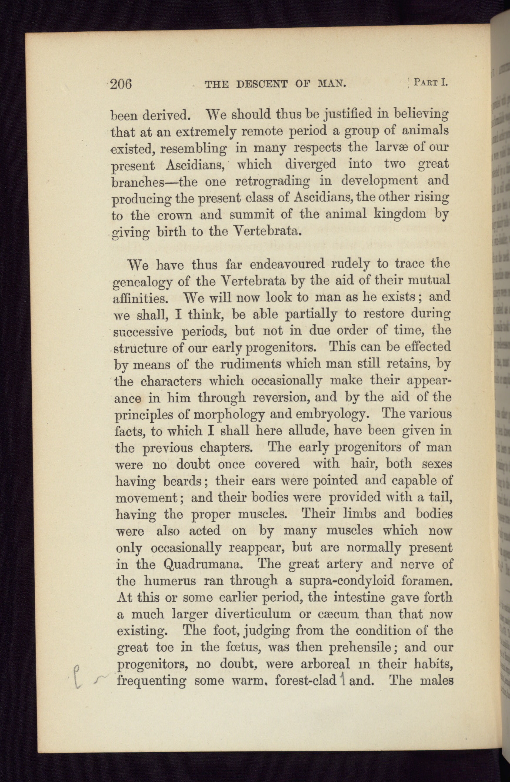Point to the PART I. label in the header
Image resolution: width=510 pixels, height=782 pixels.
(430, 82)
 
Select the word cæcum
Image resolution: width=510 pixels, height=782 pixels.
(334, 614)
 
